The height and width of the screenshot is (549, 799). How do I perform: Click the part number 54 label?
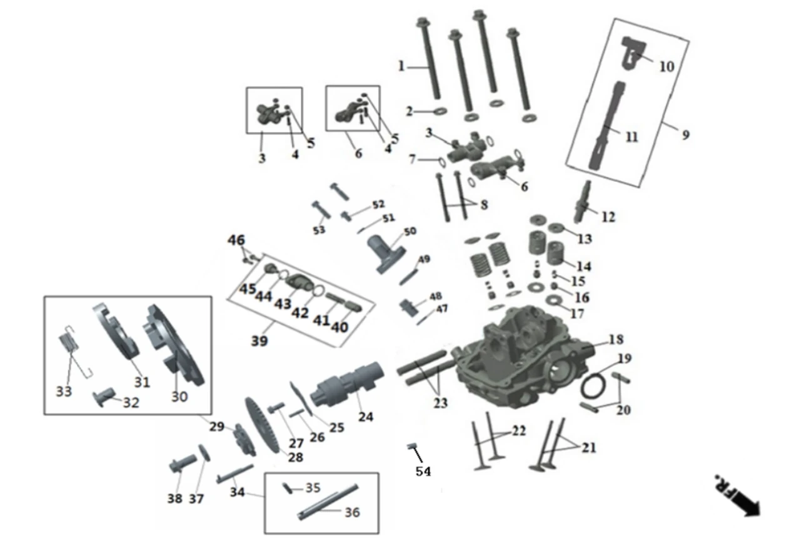click(x=423, y=471)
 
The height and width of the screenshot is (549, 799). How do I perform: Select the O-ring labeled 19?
click(x=594, y=385)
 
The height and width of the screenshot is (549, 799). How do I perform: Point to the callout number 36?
click(x=352, y=512)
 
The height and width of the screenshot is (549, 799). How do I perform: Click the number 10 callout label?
click(x=667, y=66)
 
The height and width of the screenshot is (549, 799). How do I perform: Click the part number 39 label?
click(x=259, y=341)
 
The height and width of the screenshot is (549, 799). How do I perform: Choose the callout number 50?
click(x=410, y=231)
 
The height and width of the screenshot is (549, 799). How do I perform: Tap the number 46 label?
click(x=236, y=240)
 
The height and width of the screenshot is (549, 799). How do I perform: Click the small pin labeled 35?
click(x=288, y=488)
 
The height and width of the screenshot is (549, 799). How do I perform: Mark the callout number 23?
click(x=440, y=403)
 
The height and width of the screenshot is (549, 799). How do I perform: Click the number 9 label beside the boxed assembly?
click(x=686, y=134)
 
